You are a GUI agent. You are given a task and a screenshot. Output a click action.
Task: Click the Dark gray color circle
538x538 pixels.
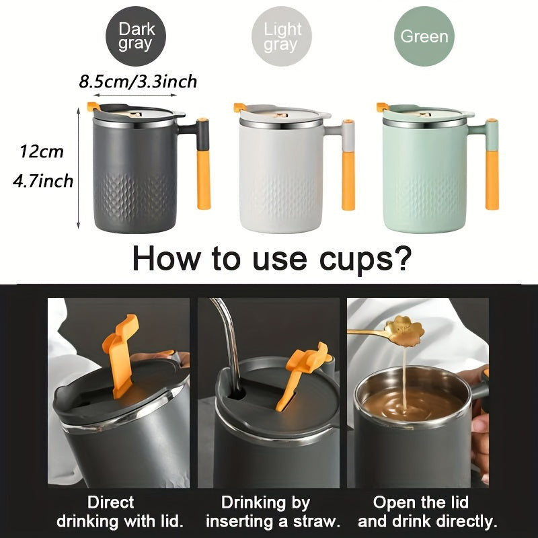[136, 36]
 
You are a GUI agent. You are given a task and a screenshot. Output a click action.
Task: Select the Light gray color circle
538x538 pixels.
[281, 36]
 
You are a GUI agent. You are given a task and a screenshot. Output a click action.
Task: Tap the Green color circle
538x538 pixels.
[424, 36]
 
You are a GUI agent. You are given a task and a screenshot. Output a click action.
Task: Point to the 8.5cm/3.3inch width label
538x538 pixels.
[138, 81]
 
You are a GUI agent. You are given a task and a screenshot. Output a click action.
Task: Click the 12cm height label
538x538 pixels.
[42, 152]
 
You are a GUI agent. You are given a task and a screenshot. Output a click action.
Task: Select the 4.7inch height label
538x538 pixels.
[43, 181]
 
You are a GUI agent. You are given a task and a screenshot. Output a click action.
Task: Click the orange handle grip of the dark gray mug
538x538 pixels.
[204, 180]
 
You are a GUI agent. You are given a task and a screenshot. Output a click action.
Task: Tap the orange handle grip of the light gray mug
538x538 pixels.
[348, 180]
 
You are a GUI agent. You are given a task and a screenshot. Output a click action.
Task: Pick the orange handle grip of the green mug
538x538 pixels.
[492, 180]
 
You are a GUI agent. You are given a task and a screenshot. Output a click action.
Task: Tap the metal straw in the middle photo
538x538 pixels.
[231, 343]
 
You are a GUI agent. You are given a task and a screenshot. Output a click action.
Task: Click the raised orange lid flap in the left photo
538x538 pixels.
[121, 355]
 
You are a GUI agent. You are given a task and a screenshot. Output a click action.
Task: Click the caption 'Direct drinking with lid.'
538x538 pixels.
[120, 512]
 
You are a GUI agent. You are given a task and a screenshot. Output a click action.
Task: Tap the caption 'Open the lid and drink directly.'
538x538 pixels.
[428, 512]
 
